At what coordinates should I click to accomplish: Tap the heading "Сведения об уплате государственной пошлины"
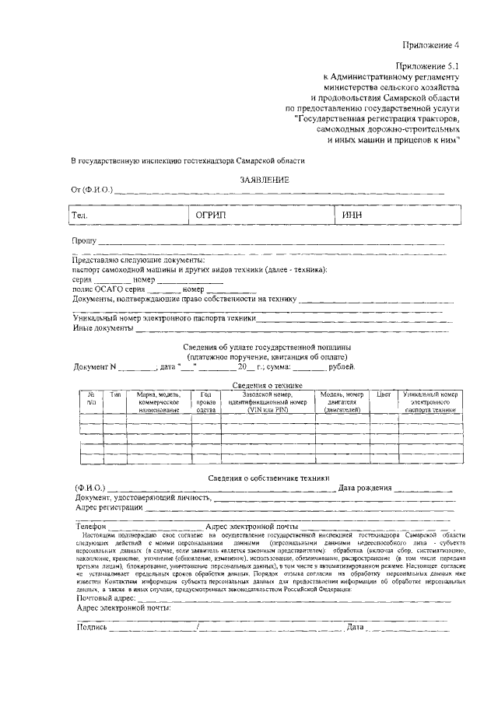click(267, 346)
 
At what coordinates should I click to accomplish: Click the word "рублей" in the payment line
click(342, 366)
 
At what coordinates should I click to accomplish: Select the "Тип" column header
click(115, 394)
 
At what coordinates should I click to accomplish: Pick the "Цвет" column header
click(383, 394)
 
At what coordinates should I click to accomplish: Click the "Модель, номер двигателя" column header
click(342, 401)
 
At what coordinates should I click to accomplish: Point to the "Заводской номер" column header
click(268, 394)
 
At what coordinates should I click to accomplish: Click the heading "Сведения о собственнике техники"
click(268, 478)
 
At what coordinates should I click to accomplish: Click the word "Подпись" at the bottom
click(91, 626)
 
